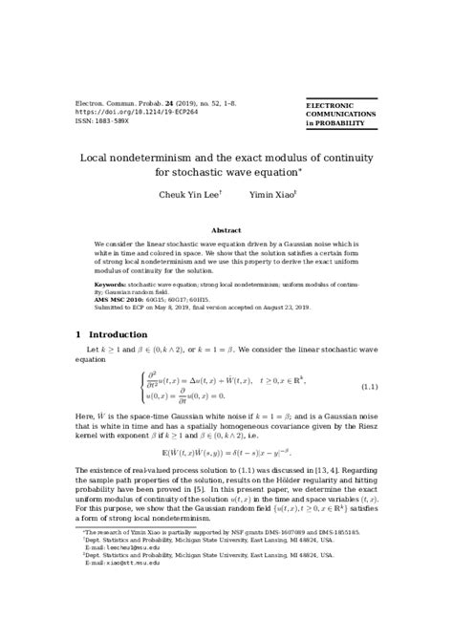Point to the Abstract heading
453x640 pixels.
(226, 230)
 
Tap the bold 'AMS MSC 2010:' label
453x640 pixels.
(119, 297)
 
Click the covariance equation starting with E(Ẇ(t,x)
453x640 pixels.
(226, 452)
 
